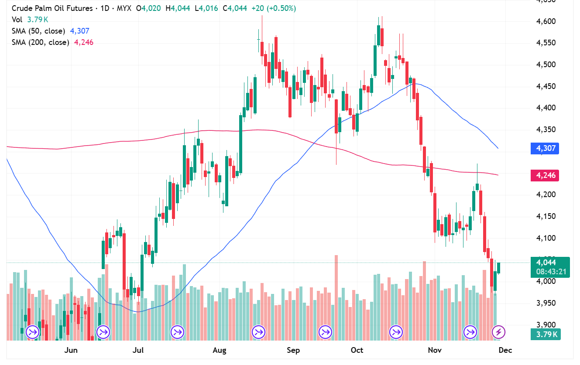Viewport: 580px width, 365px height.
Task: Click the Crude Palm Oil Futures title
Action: coord(52,8)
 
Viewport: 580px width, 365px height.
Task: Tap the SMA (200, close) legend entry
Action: coord(40,42)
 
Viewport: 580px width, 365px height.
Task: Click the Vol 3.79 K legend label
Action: coord(30,20)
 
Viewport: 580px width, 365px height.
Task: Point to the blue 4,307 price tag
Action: coord(544,148)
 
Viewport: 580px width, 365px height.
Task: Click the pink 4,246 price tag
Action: coord(544,175)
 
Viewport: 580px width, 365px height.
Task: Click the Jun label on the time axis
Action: coord(71,350)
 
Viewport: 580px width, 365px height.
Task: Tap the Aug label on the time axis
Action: coord(220,350)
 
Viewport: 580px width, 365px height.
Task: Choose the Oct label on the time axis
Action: coord(357,350)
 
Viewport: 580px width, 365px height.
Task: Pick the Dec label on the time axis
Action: coord(505,350)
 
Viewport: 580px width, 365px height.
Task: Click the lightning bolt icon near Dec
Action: coord(498,332)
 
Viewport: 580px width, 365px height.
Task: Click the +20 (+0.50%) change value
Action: coord(274,8)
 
